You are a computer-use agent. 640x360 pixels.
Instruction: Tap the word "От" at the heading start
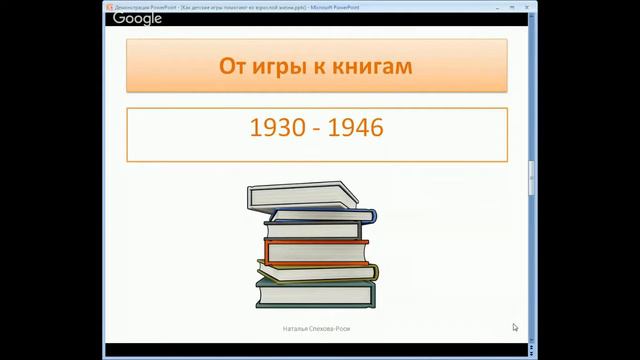[x=232, y=68]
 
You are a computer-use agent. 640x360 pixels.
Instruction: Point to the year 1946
[x=357, y=129]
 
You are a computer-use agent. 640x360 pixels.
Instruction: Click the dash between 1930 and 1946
[x=317, y=130]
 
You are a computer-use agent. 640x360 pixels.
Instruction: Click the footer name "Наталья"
[x=296, y=329]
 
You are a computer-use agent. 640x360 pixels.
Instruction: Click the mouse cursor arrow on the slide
[x=515, y=326]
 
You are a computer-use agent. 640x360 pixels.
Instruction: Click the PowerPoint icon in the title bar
[x=109, y=6]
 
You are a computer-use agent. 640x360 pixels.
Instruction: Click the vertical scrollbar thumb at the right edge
[x=531, y=170]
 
